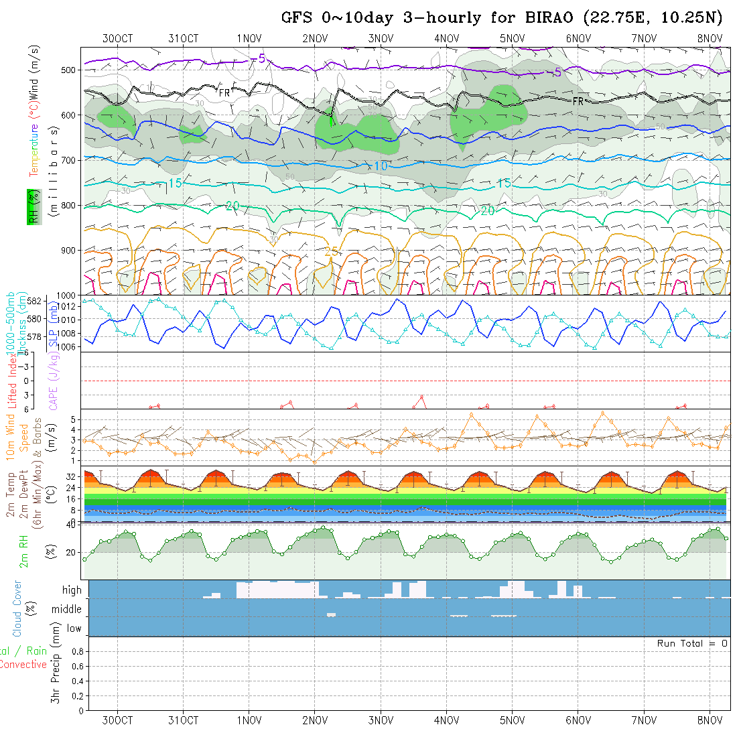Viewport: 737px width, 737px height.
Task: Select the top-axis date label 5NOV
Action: click(x=512, y=38)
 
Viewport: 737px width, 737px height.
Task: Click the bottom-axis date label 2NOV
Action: click(x=314, y=720)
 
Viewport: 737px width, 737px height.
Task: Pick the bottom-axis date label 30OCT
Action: click(x=117, y=720)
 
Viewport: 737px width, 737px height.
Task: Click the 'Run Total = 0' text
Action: click(x=692, y=643)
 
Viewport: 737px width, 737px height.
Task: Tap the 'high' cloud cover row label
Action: click(x=72, y=590)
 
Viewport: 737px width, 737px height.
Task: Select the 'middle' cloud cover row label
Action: click(x=66, y=609)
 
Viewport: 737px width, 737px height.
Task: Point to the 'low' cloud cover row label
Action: click(x=74, y=628)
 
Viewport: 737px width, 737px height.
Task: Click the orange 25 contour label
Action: click(x=331, y=252)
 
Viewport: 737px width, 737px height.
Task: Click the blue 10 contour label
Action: click(x=381, y=165)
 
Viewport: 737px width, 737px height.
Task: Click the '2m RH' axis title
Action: click(x=24, y=549)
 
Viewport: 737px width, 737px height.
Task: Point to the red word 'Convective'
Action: click(x=23, y=665)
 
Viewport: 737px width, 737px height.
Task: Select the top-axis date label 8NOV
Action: click(x=709, y=38)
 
